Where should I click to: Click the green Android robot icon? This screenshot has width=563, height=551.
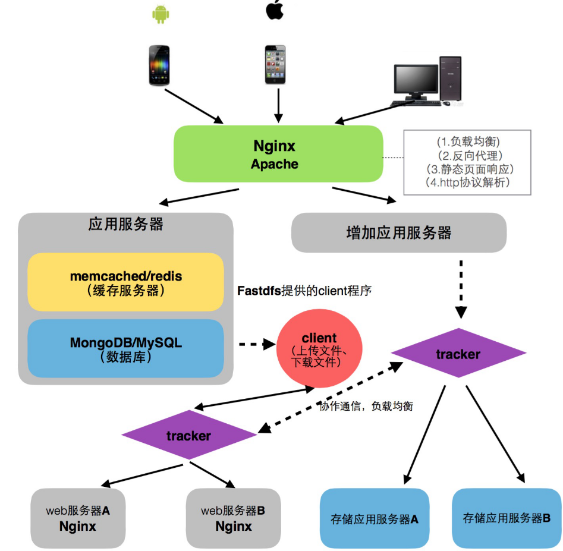[159, 14]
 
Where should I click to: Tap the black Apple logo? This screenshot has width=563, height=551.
[274, 10]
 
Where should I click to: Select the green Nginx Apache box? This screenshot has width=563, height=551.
[278, 154]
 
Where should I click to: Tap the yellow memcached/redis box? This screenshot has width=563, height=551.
[125, 282]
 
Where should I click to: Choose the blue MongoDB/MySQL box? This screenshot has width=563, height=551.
[125, 349]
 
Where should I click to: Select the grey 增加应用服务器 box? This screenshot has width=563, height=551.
[398, 232]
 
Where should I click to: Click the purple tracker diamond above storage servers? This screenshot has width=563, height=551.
[458, 354]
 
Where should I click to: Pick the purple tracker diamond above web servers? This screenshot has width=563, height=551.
[188, 436]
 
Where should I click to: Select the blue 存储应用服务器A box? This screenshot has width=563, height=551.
[375, 518]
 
